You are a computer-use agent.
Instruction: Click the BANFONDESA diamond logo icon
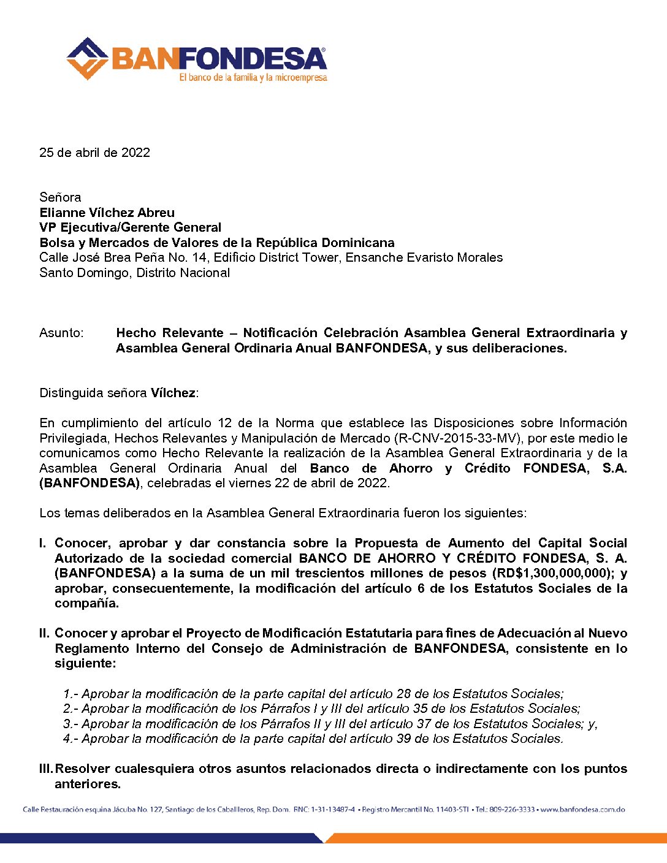tap(87, 59)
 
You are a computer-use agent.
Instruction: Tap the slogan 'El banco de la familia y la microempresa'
tap(253, 78)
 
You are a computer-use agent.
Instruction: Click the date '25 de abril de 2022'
tap(94, 153)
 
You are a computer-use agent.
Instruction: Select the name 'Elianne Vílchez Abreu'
tap(107, 213)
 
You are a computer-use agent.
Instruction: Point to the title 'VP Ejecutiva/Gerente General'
tap(130, 227)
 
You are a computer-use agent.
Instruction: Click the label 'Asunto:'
tap(61, 333)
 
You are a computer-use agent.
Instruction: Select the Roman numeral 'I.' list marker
tap(42, 543)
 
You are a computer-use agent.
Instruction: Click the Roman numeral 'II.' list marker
tap(44, 633)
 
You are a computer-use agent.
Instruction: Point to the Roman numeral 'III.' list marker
tap(47, 769)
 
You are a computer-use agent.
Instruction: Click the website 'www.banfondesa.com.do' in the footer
tap(582, 810)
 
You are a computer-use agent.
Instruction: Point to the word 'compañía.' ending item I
tap(86, 603)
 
